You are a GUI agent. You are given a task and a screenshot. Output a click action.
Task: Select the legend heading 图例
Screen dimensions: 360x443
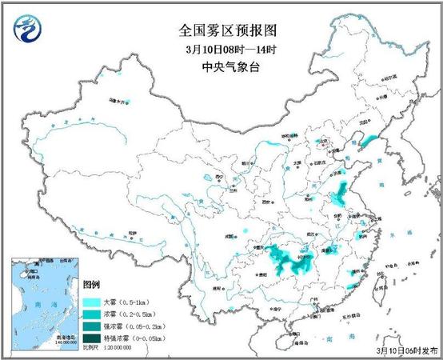coord(92,285)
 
